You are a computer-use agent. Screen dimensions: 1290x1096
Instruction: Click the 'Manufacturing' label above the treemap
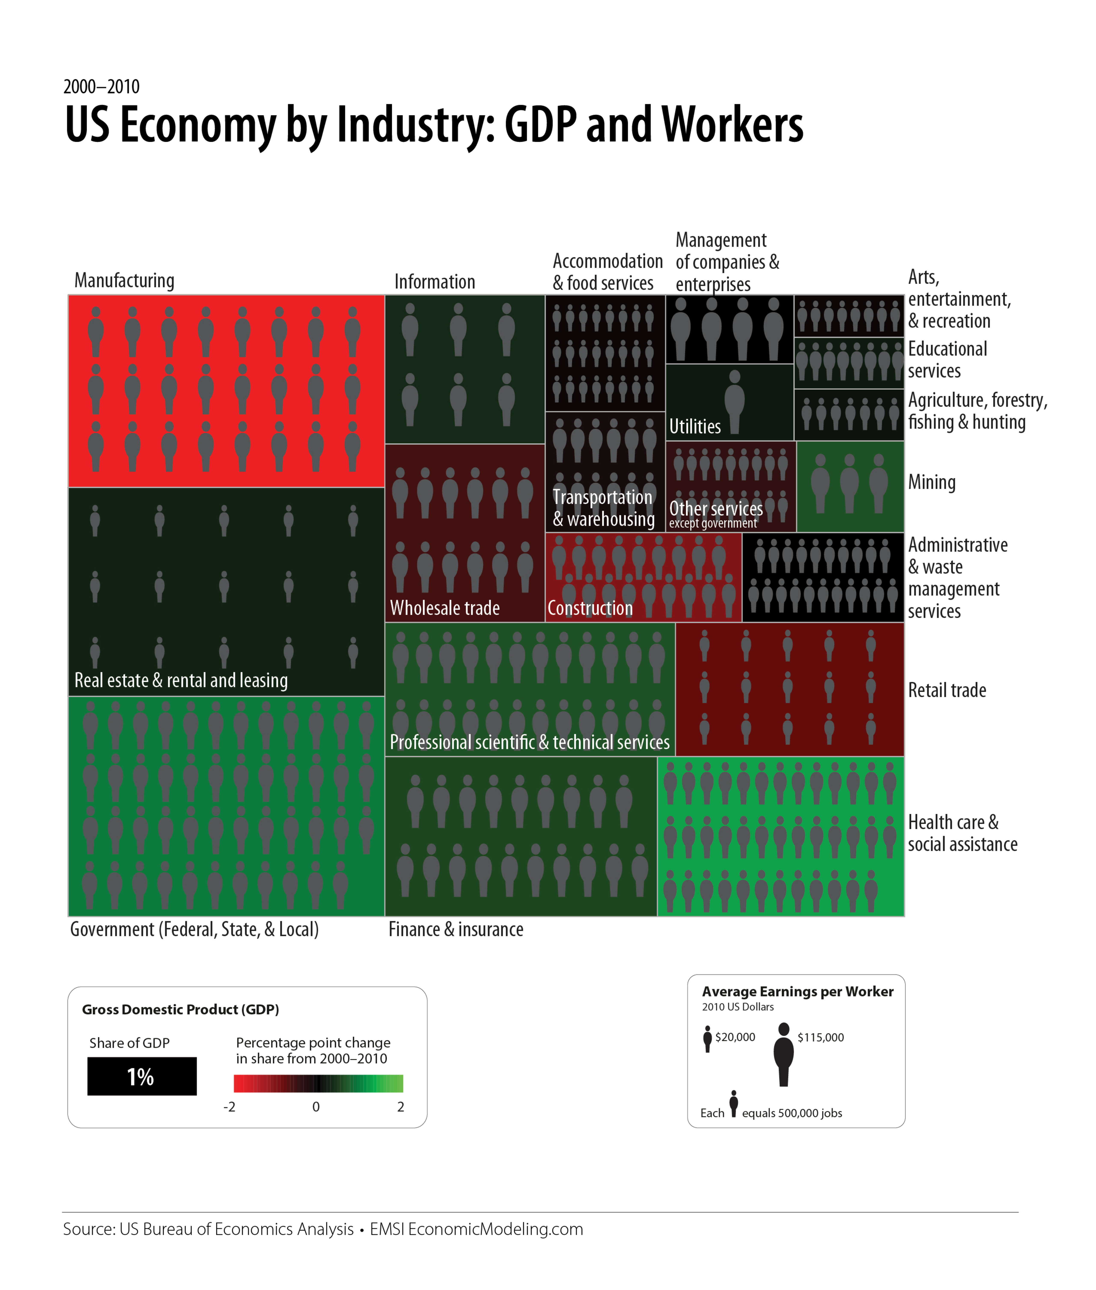click(x=124, y=281)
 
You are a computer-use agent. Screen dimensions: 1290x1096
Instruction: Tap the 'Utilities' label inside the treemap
click(x=695, y=427)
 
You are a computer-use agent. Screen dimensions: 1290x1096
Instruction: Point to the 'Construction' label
click(x=590, y=608)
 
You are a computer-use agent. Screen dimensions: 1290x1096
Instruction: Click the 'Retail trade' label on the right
click(x=947, y=690)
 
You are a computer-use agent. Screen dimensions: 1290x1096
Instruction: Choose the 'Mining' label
click(x=931, y=482)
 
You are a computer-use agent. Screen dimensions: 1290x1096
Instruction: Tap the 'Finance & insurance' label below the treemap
click(x=456, y=930)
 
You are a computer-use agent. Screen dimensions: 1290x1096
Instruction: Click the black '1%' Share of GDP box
click(x=142, y=1076)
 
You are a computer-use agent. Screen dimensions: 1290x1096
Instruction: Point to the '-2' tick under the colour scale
click(x=229, y=1107)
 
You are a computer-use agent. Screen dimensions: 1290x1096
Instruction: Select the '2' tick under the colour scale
click(x=401, y=1107)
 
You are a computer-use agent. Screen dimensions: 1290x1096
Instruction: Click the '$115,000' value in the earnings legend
click(x=820, y=1037)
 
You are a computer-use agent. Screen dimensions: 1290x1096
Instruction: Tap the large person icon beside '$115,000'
click(x=783, y=1054)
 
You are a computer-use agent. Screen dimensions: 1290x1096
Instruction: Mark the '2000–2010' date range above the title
click(x=101, y=86)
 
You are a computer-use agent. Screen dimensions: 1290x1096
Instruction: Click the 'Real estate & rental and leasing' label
click(x=181, y=680)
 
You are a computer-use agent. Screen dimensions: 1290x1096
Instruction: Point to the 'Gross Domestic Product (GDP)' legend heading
click(x=180, y=1010)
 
